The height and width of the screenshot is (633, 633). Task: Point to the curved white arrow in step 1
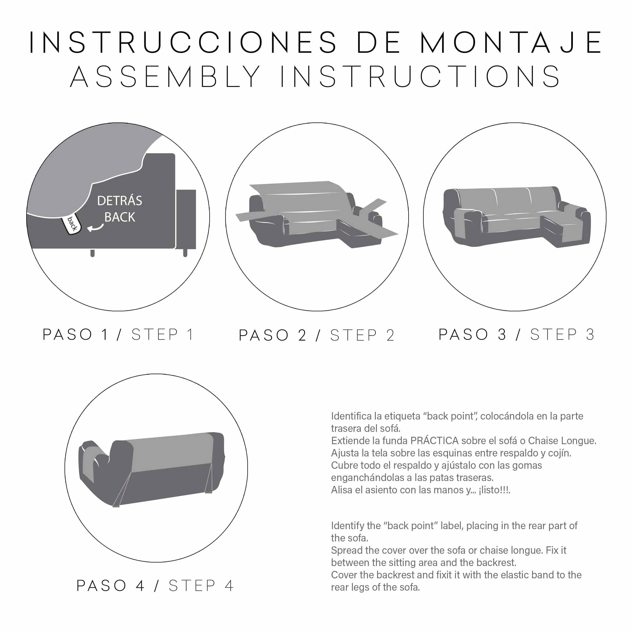point(95,227)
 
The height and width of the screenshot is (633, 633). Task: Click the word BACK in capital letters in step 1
point(120,217)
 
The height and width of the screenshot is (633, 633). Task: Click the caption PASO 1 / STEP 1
point(118,335)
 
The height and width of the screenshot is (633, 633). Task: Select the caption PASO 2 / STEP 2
point(317,335)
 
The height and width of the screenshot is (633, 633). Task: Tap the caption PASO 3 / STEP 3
point(516,335)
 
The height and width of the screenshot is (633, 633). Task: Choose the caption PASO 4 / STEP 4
point(155,585)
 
